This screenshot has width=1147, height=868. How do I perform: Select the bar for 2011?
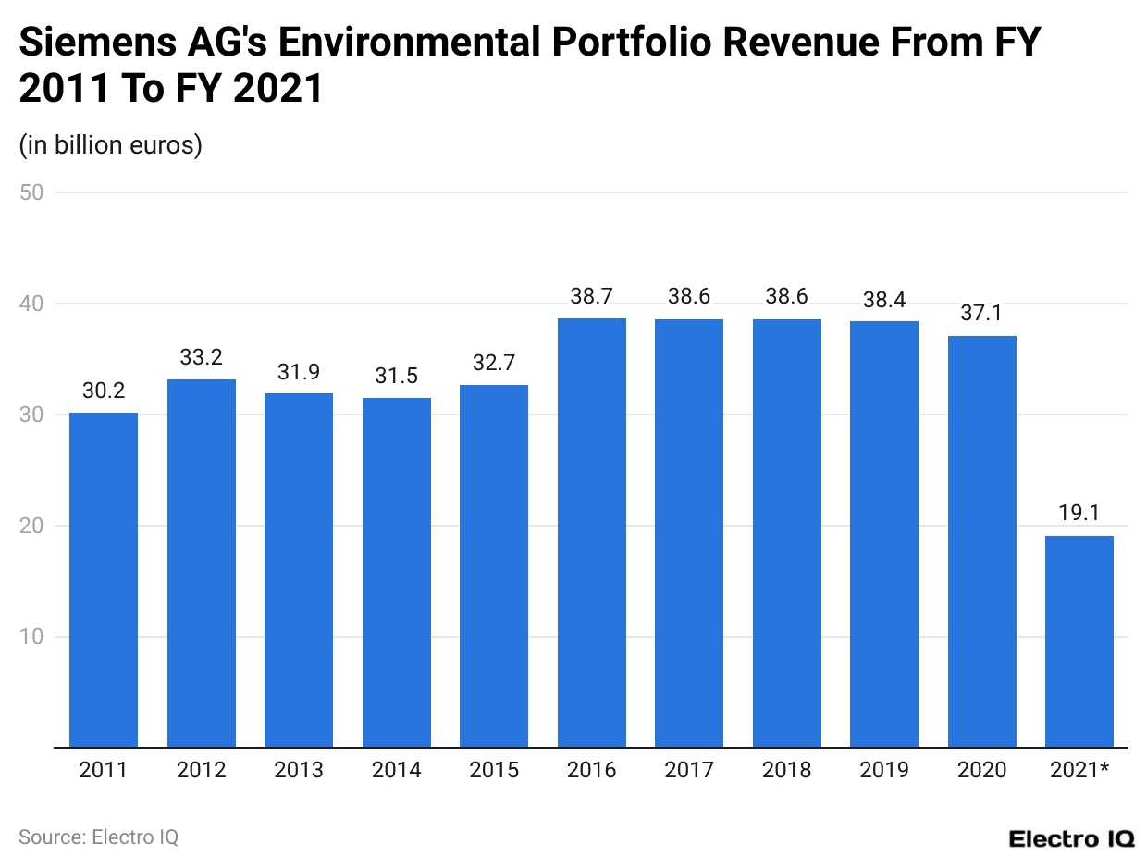[104, 579]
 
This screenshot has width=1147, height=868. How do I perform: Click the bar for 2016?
[591, 532]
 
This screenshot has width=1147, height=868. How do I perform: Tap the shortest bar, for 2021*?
[1079, 640]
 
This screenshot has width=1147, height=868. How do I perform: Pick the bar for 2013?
[299, 570]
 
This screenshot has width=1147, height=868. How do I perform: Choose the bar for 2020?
[981, 541]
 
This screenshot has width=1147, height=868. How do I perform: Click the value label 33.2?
[202, 357]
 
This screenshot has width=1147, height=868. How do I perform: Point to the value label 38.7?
[591, 296]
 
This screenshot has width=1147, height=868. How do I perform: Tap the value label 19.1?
[1079, 514]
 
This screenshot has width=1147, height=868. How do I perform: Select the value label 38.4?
[883, 299]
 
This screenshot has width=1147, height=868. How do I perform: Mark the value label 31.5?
[396, 376]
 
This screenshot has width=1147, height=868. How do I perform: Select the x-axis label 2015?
[494, 770]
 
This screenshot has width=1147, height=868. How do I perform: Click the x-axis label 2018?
[786, 770]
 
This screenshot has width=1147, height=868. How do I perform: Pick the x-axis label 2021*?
[1079, 770]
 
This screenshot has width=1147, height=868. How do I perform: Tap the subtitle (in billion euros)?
[110, 145]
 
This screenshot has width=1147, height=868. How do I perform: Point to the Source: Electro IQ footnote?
[98, 837]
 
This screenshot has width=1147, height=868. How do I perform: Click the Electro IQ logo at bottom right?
[1071, 838]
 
